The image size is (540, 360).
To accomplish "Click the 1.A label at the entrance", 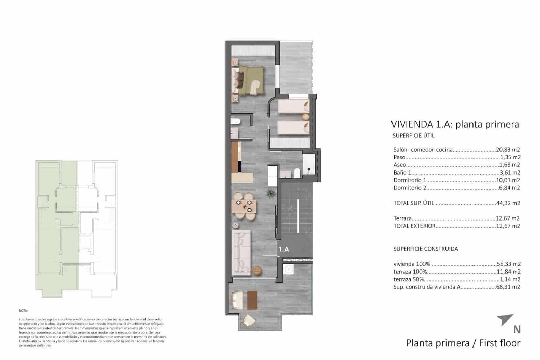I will [x=284, y=249].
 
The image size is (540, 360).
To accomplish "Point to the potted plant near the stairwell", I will [x=271, y=194].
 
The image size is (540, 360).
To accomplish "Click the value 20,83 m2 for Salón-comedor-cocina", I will [x=508, y=150].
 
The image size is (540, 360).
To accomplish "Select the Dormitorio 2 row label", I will [x=407, y=188].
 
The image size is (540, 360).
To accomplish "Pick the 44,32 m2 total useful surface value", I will [x=508, y=203].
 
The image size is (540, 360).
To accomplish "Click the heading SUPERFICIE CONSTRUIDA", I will [x=425, y=249].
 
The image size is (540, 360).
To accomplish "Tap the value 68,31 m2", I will [x=508, y=287].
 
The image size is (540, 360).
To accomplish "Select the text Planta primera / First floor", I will [x=463, y=343].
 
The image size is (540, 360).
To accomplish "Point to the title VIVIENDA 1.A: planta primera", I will [x=455, y=124].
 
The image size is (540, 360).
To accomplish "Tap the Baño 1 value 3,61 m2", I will [x=509, y=173].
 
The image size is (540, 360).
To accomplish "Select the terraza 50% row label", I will [x=408, y=279].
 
